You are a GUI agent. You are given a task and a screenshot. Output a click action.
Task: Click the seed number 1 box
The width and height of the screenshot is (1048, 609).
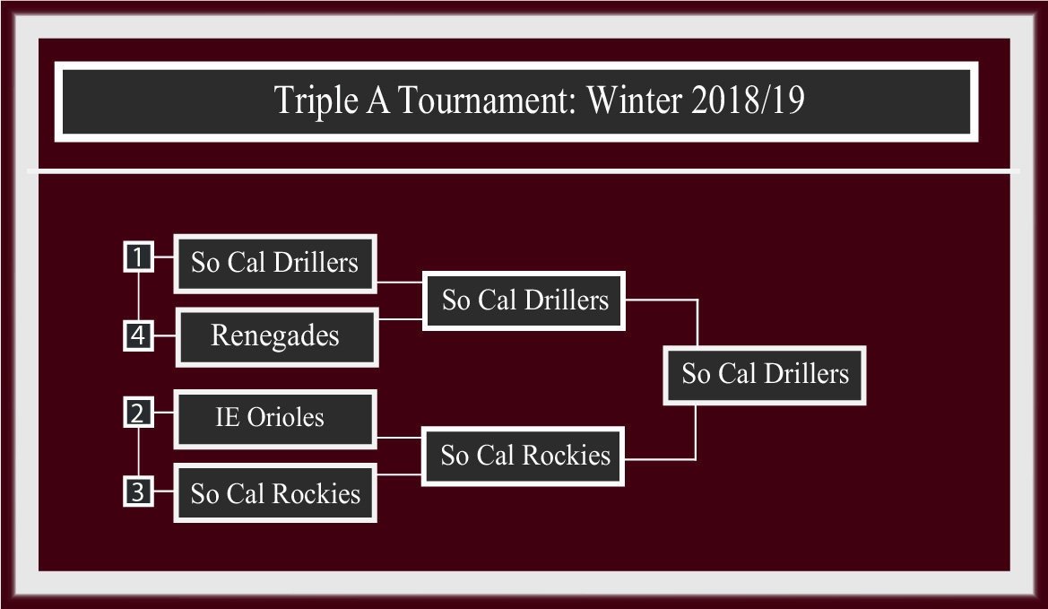(x=138, y=257)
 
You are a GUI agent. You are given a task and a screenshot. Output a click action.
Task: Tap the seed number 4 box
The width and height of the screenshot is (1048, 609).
(x=138, y=335)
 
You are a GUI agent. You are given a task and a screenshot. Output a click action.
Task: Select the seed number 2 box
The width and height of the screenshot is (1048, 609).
(x=138, y=412)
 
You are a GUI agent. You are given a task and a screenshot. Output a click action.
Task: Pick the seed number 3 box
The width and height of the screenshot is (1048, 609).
(x=138, y=492)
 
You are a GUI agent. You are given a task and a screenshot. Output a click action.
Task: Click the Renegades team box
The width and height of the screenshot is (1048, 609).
(x=277, y=337)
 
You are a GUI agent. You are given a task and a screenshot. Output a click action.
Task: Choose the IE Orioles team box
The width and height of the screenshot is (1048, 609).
(x=275, y=419)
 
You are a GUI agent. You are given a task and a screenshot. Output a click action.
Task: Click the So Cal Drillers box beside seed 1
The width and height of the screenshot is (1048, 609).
(x=275, y=264)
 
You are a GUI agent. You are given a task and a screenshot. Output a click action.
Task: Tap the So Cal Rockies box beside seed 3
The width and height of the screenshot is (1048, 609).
(x=275, y=493)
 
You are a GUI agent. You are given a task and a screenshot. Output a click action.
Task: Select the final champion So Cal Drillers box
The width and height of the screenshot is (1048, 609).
(x=765, y=375)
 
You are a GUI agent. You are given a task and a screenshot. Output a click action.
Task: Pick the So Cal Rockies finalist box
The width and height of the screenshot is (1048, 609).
(x=524, y=457)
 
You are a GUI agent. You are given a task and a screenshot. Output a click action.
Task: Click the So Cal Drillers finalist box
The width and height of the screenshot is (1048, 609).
(x=524, y=300)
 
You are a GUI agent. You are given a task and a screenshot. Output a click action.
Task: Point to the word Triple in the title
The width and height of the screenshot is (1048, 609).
(x=316, y=101)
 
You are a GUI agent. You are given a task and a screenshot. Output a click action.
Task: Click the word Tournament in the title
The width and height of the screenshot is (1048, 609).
(x=486, y=100)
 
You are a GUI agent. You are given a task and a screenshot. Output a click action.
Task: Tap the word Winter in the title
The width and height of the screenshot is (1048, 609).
(x=635, y=100)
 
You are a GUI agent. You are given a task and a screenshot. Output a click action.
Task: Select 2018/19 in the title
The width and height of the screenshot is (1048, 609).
(x=748, y=100)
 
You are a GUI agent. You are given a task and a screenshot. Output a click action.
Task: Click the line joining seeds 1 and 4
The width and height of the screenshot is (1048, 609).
(x=138, y=295)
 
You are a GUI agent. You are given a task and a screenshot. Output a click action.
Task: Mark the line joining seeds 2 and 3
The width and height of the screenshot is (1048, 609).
(x=138, y=452)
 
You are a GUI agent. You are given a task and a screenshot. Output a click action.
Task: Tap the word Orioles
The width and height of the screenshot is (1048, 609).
(x=285, y=417)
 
